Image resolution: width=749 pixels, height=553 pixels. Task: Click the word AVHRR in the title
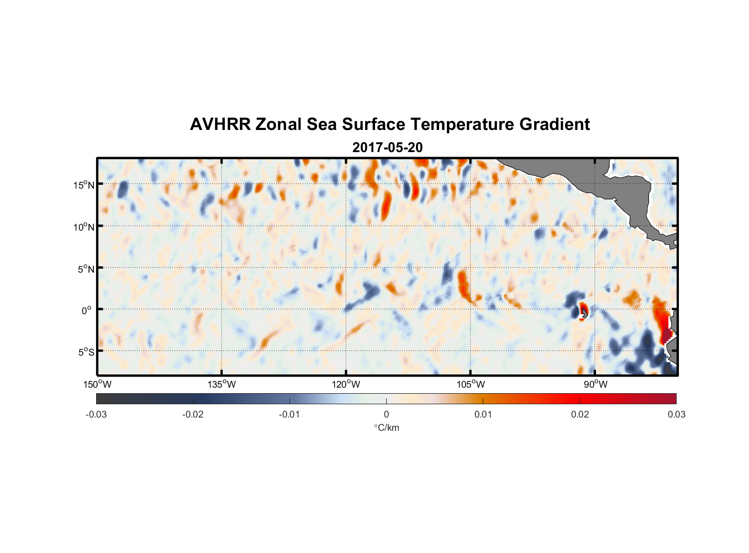(220, 124)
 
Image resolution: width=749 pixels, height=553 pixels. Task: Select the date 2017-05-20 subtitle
(387, 147)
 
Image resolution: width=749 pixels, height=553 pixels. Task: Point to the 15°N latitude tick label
(84, 185)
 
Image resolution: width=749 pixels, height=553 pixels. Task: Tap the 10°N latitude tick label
(84, 227)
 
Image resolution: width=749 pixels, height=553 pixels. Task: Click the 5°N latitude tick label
(86, 269)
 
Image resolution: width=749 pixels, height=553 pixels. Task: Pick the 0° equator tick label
(87, 310)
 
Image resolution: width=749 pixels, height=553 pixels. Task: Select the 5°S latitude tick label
(86, 352)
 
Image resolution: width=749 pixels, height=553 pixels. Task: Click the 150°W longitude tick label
(97, 384)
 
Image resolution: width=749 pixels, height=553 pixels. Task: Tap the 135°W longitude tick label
(221, 384)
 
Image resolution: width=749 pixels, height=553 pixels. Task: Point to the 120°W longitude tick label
(346, 384)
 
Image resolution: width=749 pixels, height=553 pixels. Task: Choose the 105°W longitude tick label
(471, 384)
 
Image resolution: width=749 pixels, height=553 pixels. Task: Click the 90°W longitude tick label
(595, 384)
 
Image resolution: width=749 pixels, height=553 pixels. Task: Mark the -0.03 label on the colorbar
(96, 414)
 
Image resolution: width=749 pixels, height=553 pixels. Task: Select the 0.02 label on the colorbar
(579, 414)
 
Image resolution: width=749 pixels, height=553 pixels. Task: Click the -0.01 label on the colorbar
(289, 414)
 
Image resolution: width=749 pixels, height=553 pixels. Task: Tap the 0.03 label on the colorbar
(676, 414)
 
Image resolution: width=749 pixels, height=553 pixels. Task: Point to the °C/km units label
(386, 427)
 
